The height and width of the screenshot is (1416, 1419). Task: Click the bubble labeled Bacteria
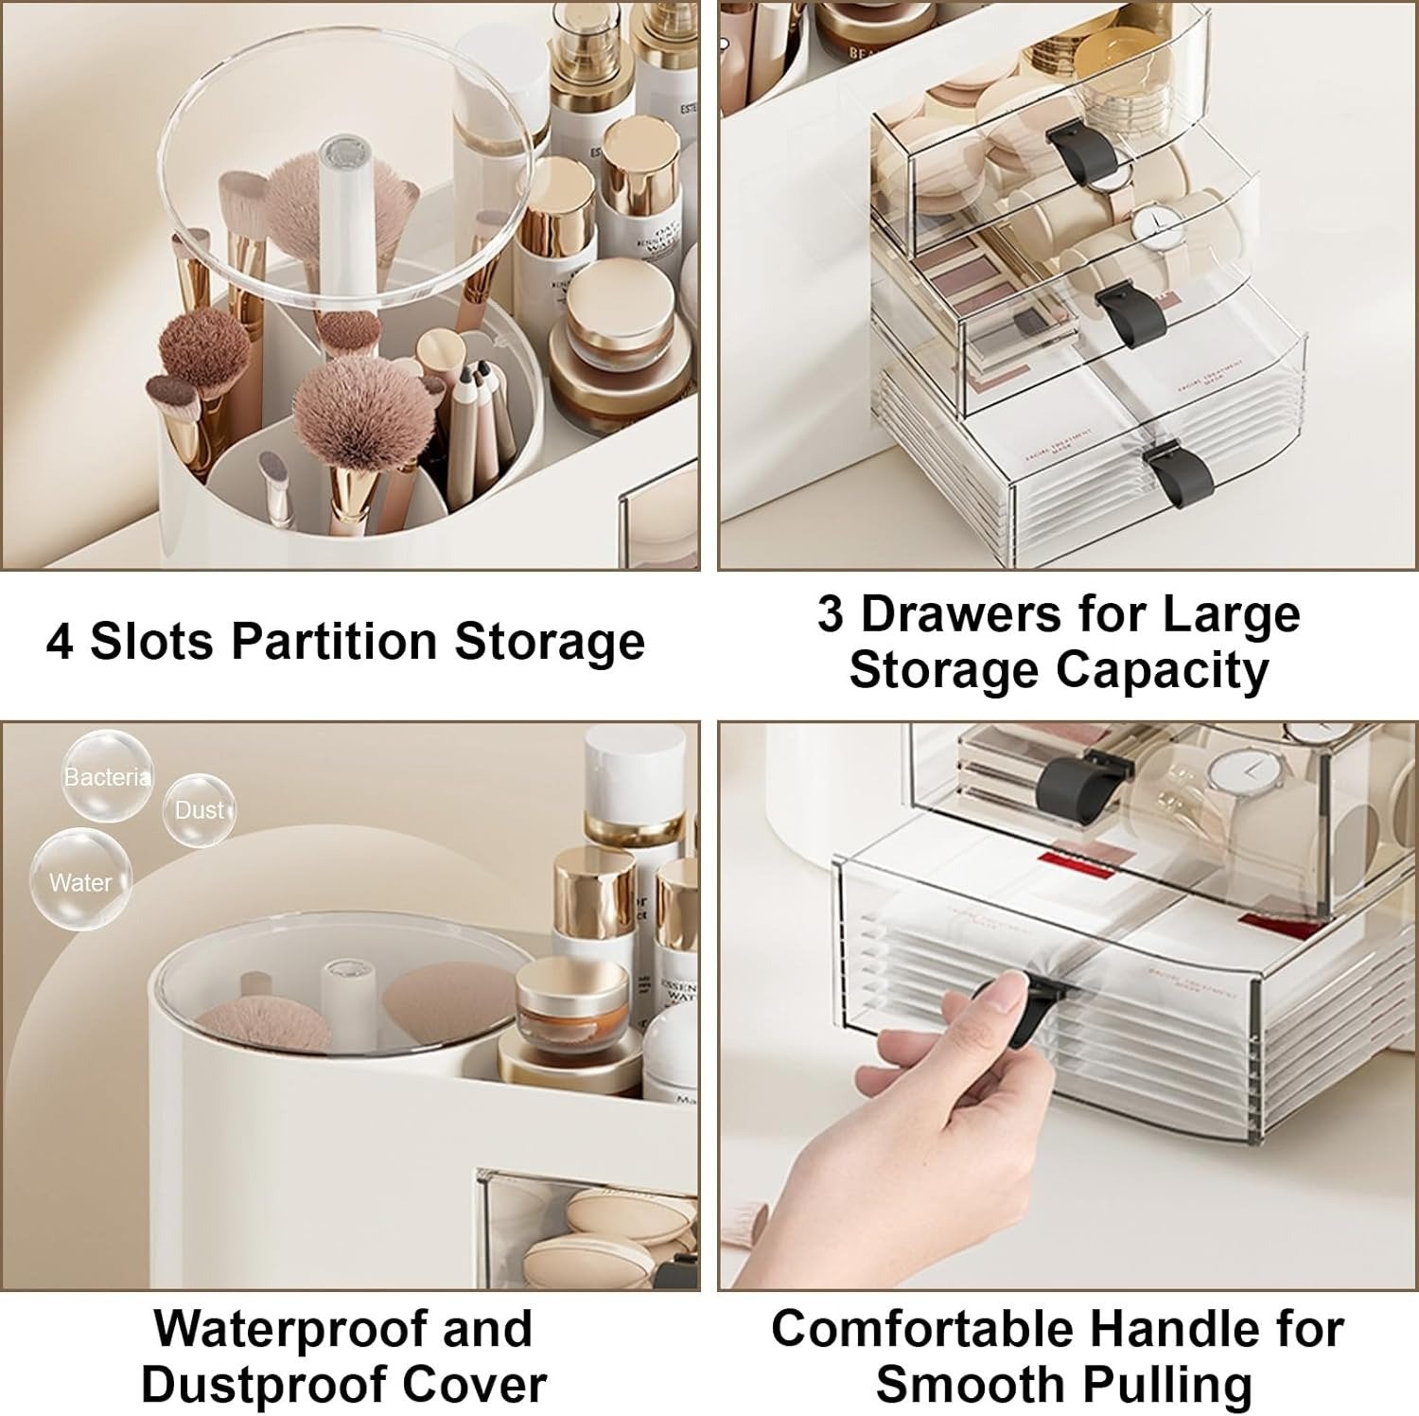pyautogui.click(x=106, y=778)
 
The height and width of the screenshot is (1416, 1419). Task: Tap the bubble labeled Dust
pyautogui.click(x=199, y=810)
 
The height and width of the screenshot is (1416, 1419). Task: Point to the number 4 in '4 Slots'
pyautogui.click(x=59, y=642)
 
